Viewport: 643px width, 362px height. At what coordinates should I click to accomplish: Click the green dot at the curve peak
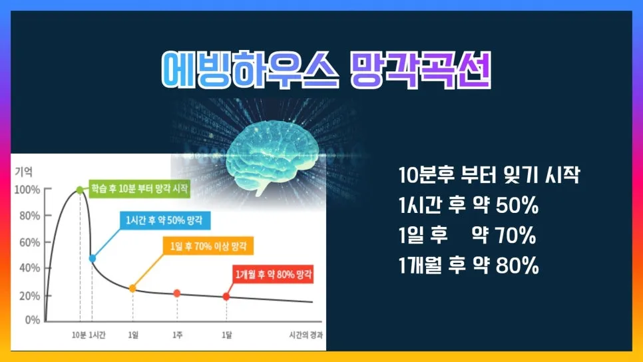tap(80, 190)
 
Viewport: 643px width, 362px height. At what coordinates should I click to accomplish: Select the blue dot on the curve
tap(92, 258)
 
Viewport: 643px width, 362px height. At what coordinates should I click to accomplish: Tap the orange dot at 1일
tap(132, 288)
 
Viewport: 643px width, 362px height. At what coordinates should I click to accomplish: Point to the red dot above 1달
tap(226, 296)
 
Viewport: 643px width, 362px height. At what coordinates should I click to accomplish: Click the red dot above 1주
tap(177, 293)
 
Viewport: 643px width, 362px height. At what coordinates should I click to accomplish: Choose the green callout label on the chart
tap(140, 190)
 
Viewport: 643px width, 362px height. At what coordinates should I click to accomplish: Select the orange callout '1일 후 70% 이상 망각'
tap(207, 246)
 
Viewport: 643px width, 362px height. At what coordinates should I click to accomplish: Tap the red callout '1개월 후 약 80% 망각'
tap(273, 273)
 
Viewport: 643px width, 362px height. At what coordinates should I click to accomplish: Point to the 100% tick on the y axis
tap(27, 190)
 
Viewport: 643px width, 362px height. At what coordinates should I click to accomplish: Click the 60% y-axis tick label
tap(28, 242)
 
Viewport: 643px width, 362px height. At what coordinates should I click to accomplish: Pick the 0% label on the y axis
tap(32, 320)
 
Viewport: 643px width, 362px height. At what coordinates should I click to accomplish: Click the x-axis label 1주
tap(178, 335)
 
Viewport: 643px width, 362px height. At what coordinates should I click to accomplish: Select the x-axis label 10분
tap(79, 335)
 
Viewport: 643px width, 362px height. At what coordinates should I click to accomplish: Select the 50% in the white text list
tap(516, 206)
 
